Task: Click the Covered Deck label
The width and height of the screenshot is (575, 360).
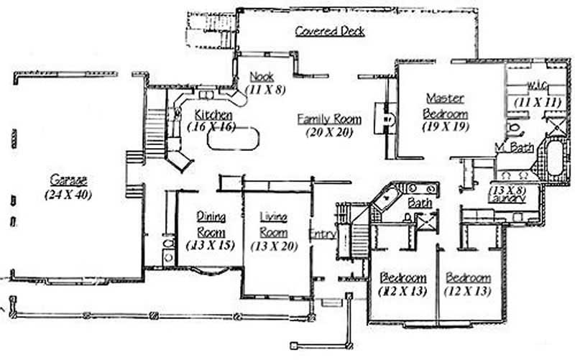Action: (330, 32)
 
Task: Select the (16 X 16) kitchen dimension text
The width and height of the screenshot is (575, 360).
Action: (209, 126)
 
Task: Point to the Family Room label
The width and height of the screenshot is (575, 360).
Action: (329, 119)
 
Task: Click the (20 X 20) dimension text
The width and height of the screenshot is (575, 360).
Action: (330, 132)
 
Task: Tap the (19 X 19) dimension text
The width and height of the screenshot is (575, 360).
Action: (445, 126)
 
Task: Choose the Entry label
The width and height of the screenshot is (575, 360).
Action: (321, 234)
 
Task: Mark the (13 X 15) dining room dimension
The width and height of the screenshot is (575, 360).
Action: (210, 246)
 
